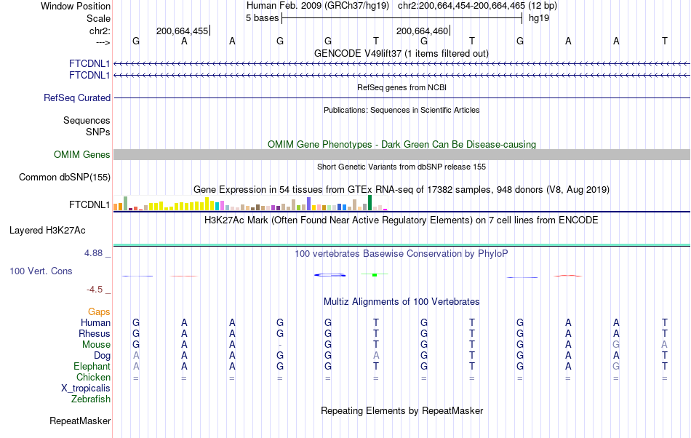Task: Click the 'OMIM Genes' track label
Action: (81, 154)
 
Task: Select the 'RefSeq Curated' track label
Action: (77, 97)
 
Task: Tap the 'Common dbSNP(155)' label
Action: (65, 177)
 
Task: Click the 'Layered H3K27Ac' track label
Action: (47, 231)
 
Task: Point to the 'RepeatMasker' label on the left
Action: (80, 421)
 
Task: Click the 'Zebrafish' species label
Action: (91, 399)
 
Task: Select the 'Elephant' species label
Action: (92, 367)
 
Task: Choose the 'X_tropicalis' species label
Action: (86, 389)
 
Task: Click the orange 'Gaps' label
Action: (99, 311)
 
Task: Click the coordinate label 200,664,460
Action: (423, 31)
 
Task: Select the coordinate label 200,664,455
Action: (182, 31)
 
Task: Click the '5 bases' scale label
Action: (262, 18)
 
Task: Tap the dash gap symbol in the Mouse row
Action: (280, 345)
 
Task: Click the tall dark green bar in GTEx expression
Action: (370, 202)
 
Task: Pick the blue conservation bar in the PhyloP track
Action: (329, 274)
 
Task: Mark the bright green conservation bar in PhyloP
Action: (374, 274)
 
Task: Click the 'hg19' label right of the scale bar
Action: (539, 18)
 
